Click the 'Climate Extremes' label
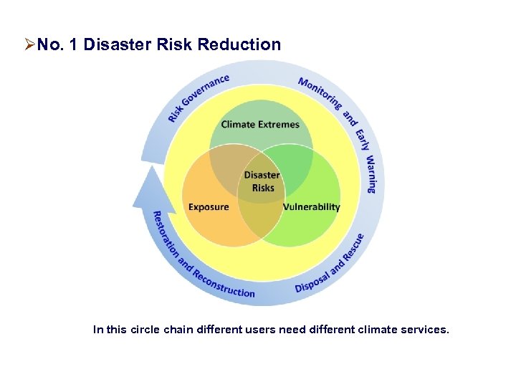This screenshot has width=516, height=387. pos(260,124)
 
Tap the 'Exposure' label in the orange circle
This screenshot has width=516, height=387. pos(209,207)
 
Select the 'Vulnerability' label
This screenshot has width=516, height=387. pos(311,207)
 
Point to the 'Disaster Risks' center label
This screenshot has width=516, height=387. pos(262,181)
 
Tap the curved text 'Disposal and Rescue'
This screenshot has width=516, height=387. pos(330,264)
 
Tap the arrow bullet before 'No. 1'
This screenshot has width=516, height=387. pos(29,45)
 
